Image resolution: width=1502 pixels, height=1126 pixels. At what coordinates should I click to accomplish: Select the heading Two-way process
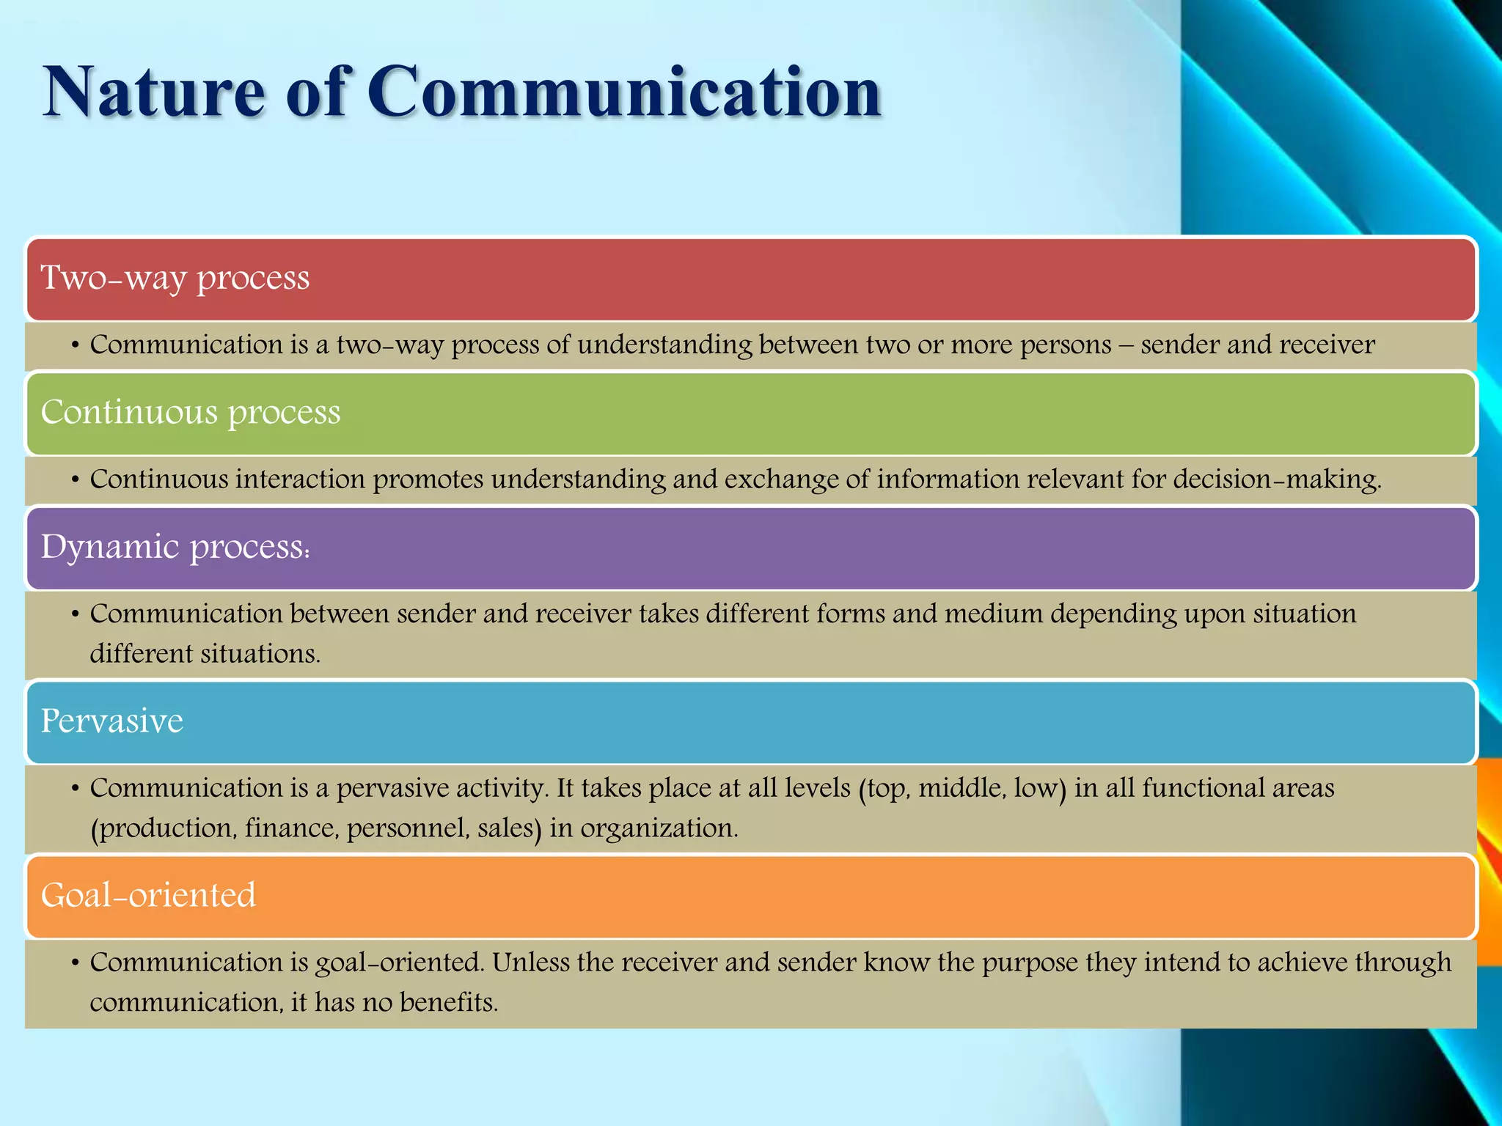coord(175,278)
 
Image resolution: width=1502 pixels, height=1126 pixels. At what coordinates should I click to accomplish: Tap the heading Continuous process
coord(191,412)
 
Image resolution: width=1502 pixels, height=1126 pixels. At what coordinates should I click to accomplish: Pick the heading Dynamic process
coord(175,547)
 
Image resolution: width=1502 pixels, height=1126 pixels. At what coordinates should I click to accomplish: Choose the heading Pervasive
coord(111,721)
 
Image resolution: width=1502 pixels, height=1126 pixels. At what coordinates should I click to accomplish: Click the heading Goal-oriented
coord(148,895)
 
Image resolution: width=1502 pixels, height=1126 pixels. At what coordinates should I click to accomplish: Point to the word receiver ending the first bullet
coord(1327,345)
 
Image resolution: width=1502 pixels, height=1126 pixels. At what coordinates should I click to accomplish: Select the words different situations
coord(205,653)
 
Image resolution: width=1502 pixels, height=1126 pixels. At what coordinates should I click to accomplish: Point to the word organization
coord(659,828)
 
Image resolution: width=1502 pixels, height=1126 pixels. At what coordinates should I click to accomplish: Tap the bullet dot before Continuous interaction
coord(75,480)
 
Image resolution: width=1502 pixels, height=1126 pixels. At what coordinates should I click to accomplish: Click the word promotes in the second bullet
coord(428,479)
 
